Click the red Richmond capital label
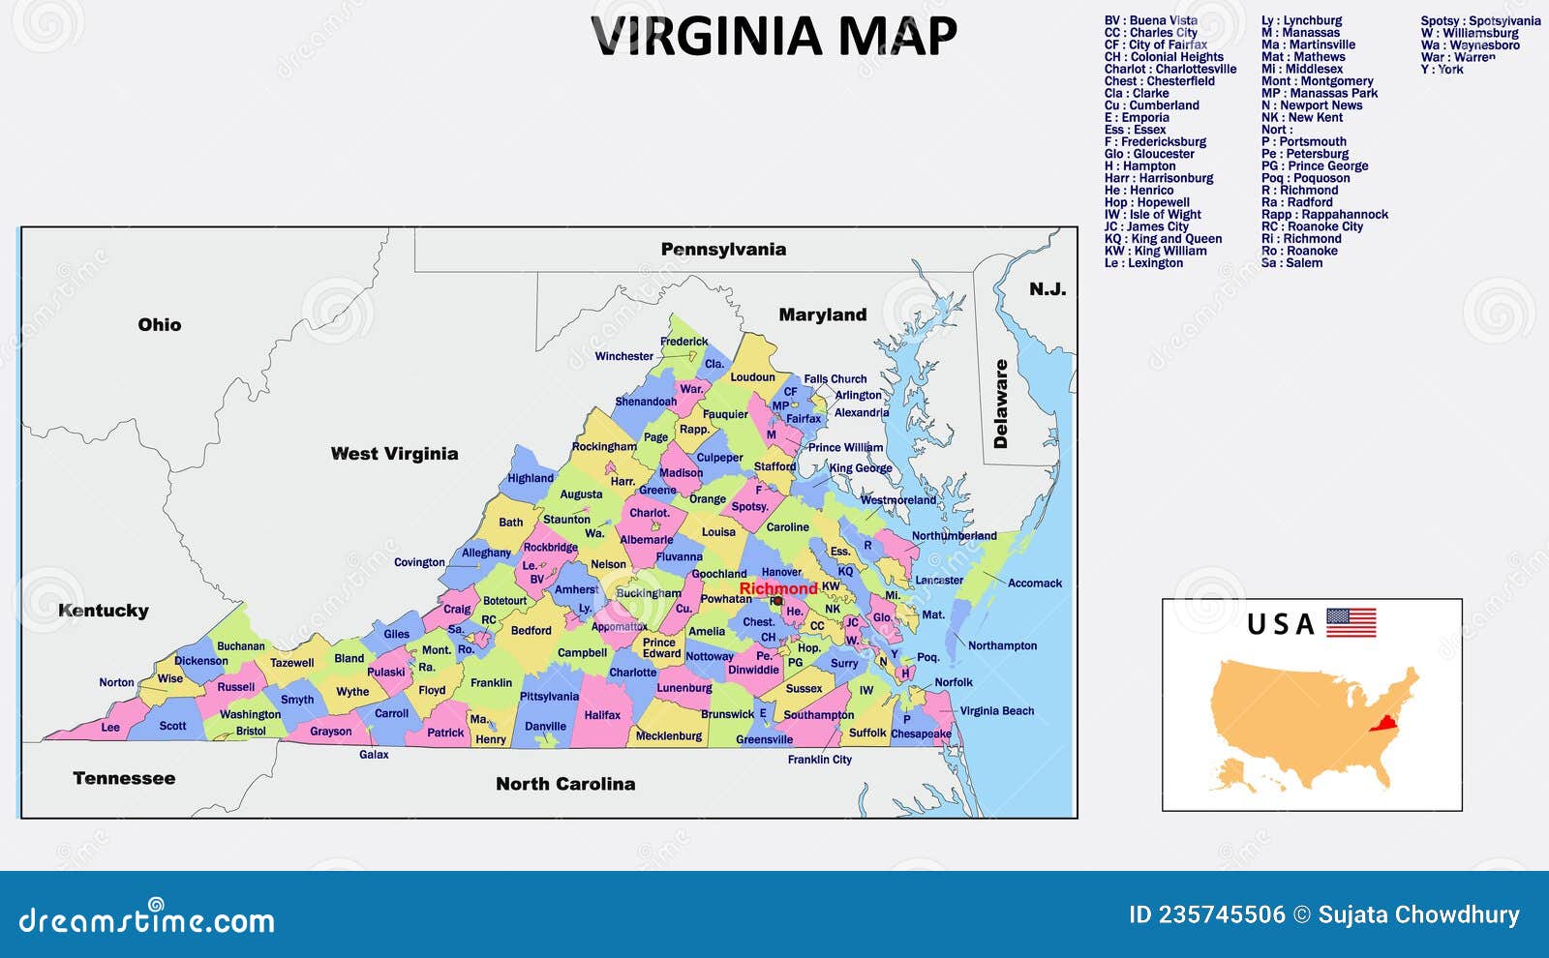(777, 588)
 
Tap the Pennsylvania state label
(723, 250)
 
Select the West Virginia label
(394, 454)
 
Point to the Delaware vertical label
(1001, 404)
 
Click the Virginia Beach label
(996, 711)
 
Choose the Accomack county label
(1034, 584)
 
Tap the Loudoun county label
(752, 377)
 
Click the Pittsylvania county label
(549, 697)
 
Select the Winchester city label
(623, 356)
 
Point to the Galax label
(374, 755)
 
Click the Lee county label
(110, 728)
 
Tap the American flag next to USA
(1351, 622)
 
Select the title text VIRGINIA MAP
(774, 37)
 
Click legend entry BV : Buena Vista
(1150, 20)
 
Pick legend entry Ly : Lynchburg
(1301, 20)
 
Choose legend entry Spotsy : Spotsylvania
(1480, 20)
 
